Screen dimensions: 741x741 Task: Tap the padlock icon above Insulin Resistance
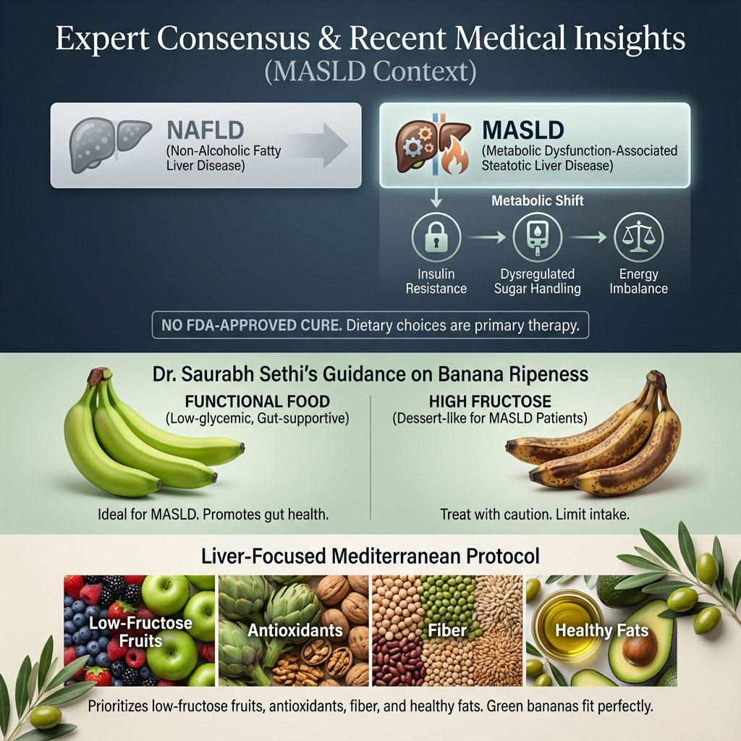point(436,240)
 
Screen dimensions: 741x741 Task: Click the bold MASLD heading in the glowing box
point(522,130)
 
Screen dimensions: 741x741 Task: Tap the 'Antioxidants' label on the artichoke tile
point(295,630)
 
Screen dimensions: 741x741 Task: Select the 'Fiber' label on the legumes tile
point(447,630)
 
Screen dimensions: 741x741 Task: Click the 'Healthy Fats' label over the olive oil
point(601,630)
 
